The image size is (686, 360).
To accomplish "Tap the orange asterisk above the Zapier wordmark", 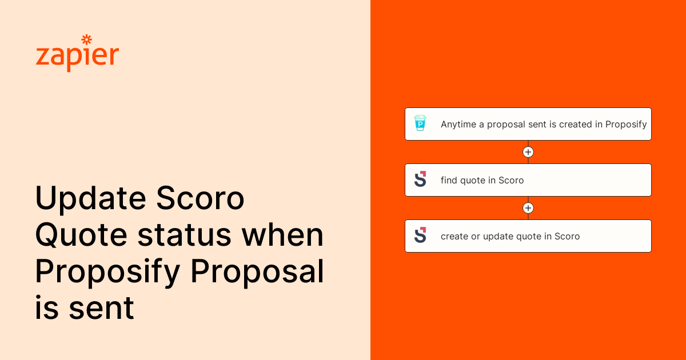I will (x=86, y=39).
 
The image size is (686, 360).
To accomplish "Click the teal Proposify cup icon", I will (x=420, y=123).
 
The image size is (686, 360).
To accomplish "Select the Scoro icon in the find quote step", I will (x=420, y=179).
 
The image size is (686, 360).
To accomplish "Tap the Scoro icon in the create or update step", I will (x=420, y=235).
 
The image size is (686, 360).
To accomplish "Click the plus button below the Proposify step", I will (x=528, y=152).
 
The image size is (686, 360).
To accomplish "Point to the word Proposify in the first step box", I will (x=626, y=124).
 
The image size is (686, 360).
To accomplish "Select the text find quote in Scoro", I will (x=482, y=180).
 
